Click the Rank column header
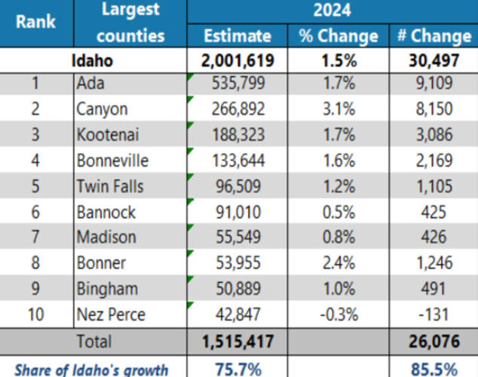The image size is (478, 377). pos(35,22)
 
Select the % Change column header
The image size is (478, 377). pos(338,36)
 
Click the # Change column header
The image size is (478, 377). pos(432,36)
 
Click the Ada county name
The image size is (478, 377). pos(90,84)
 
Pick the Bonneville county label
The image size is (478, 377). pos(112,161)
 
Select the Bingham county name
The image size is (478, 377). pos(106,289)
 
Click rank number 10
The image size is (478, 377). pos(35,314)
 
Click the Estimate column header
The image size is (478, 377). pos(237,36)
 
